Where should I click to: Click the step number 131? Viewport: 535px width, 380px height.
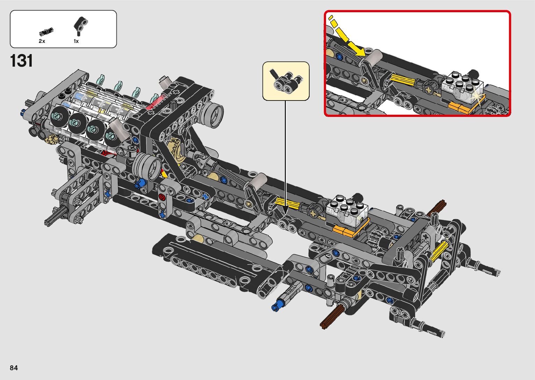[22, 61]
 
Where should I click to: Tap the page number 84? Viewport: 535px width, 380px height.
[14, 368]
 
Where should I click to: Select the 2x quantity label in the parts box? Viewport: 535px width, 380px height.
[42, 41]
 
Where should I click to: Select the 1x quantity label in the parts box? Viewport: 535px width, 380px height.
[76, 41]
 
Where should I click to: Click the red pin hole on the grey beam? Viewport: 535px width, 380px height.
[162, 197]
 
